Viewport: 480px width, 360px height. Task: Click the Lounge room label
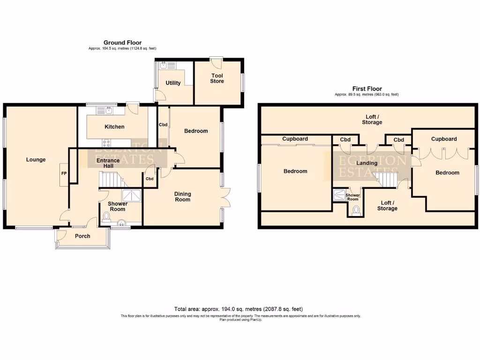[x=36, y=160]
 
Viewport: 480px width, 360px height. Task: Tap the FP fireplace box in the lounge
[x=64, y=174]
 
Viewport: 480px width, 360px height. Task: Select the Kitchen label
[x=114, y=127]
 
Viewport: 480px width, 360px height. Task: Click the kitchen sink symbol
[x=109, y=111]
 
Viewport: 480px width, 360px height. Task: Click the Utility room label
[x=173, y=83]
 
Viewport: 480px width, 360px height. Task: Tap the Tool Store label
[x=217, y=78]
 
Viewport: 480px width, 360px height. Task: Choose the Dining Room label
[x=182, y=197]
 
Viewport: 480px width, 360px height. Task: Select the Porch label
[x=82, y=236]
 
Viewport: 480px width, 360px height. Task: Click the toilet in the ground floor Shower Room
[x=106, y=217]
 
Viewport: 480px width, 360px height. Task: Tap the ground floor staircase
[x=112, y=180]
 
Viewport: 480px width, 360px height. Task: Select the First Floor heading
[x=367, y=89]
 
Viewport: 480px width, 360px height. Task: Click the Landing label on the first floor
[x=367, y=163]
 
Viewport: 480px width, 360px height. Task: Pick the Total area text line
[x=239, y=309]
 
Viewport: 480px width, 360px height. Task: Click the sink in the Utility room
[x=164, y=67]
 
